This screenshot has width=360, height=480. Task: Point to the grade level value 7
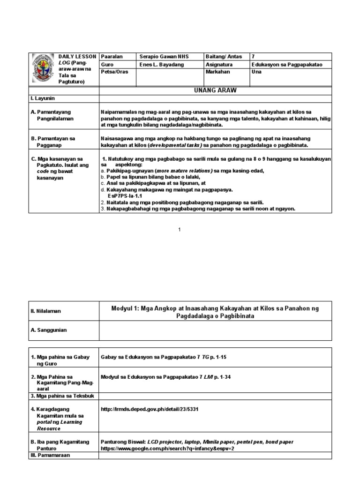pyautogui.click(x=254, y=56)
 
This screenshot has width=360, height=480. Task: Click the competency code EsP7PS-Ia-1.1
pyautogui.click(x=125, y=196)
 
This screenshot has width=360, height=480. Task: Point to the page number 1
pyautogui.click(x=180, y=229)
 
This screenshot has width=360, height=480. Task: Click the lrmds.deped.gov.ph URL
pyautogui.click(x=150, y=409)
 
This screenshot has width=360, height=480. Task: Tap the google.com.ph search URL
pyautogui.click(x=167, y=448)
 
